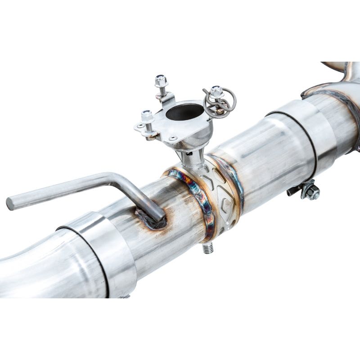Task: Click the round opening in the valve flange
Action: [184, 112]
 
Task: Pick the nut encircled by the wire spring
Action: [216, 91]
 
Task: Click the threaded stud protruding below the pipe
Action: [207, 248]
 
